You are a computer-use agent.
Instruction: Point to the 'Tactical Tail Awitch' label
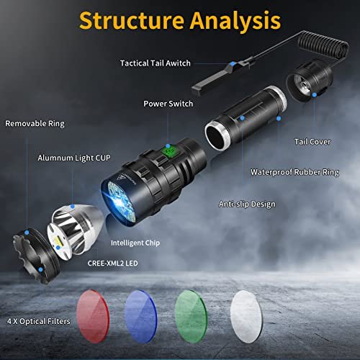[x=156, y=63]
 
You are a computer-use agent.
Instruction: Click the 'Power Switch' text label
[x=168, y=104]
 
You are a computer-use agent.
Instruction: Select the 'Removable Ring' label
[x=35, y=124]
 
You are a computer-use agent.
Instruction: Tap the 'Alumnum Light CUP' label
[x=74, y=158]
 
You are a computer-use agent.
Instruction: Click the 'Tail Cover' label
[x=312, y=142]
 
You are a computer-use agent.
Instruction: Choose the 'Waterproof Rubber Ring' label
[x=294, y=172]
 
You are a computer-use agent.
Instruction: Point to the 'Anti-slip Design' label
[x=247, y=204]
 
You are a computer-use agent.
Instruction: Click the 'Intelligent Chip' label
[x=135, y=243]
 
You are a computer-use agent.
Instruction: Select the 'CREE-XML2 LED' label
[x=112, y=264]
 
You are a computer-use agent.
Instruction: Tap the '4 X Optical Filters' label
[x=39, y=321]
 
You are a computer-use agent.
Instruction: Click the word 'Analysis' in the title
[x=235, y=21]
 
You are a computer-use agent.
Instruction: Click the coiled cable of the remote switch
[x=323, y=45]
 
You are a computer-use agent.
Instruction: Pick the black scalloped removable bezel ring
[x=36, y=256]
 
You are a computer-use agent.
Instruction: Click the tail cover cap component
[x=310, y=81]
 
